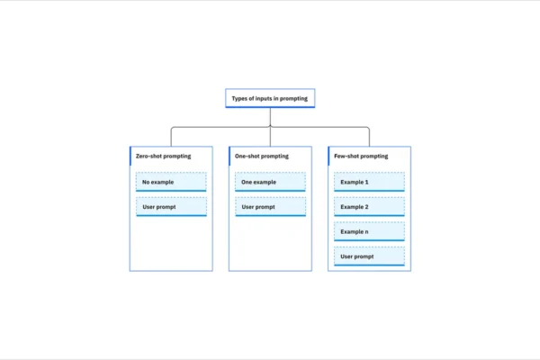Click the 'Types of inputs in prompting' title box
click(x=270, y=98)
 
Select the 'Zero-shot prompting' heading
click(x=161, y=156)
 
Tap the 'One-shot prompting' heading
click(x=261, y=156)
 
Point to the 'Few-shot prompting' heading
click(x=361, y=156)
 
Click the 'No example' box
click(x=171, y=183)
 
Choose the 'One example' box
click(x=270, y=183)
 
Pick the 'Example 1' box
click(x=370, y=183)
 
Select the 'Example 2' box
click(x=370, y=208)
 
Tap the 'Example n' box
click(x=370, y=232)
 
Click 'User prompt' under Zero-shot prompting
click(x=171, y=208)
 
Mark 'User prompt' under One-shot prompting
click(x=270, y=208)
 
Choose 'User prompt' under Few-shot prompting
click(x=370, y=257)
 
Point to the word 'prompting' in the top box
click(x=294, y=98)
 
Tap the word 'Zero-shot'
click(x=149, y=156)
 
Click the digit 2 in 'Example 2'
click(x=366, y=207)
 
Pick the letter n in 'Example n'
click(x=366, y=232)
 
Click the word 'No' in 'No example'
click(x=146, y=183)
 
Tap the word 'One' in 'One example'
click(x=247, y=183)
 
